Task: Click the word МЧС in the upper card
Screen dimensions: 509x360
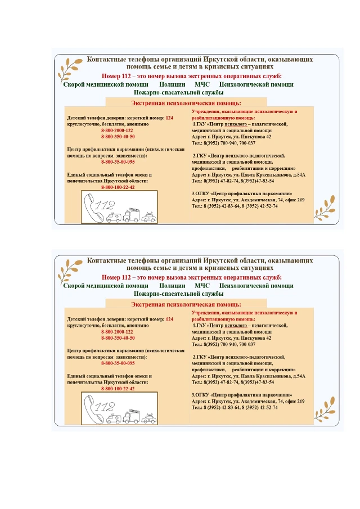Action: (202, 84)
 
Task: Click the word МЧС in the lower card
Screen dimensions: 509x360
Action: (202, 286)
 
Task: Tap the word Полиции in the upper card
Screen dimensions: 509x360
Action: (172, 84)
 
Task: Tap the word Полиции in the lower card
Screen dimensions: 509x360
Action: (172, 286)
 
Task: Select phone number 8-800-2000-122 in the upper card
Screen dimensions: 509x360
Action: (117, 130)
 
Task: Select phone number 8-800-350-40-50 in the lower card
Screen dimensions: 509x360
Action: (118, 339)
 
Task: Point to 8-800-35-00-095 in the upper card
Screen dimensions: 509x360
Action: (118, 161)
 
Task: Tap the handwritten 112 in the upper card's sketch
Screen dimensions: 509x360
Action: (105, 205)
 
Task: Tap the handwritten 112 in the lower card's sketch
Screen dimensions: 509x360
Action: (105, 407)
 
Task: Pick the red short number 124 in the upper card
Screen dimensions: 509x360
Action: (169, 118)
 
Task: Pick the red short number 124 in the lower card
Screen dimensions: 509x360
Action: (169, 319)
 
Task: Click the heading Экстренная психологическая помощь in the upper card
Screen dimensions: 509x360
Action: (186, 103)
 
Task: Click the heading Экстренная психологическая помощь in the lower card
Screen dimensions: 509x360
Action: (186, 304)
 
